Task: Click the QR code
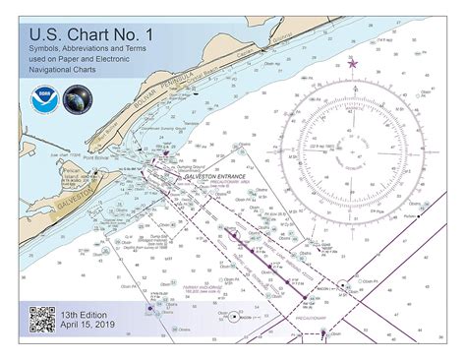click(41, 321)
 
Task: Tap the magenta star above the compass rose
click(353, 64)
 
